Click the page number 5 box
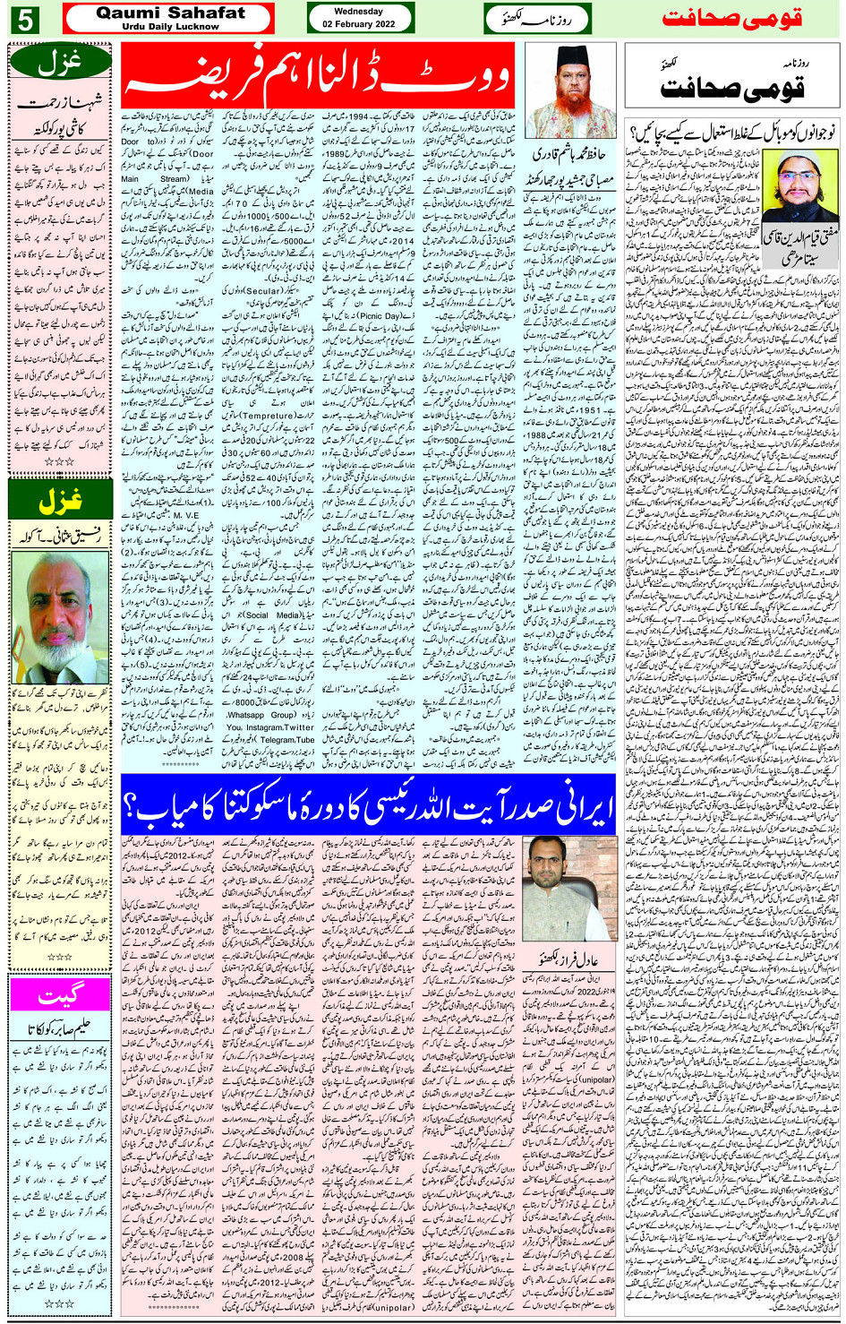point(24,19)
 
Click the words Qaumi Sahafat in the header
point(170,13)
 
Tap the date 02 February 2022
point(359,24)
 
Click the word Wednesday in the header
point(359,12)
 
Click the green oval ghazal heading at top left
point(60,61)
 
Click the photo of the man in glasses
point(60,616)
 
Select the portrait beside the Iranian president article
point(569,889)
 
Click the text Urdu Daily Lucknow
point(170,27)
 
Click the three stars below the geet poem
point(60,1303)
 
